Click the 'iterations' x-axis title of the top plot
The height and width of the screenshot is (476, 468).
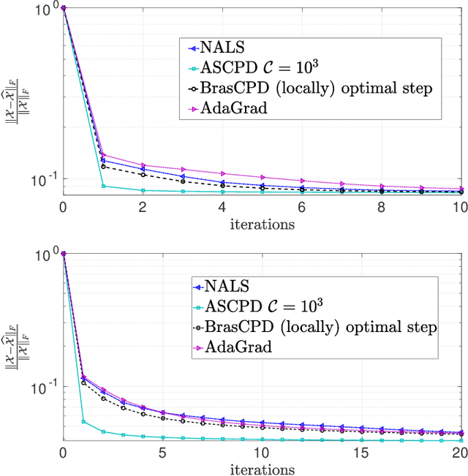[x=261, y=223]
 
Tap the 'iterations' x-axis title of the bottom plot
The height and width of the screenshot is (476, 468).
[x=261, y=469]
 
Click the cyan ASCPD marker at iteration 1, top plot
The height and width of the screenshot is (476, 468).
[x=102, y=186]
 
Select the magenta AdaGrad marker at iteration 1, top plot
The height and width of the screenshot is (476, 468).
[x=102, y=155]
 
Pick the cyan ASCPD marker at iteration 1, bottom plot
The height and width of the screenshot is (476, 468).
[x=83, y=421]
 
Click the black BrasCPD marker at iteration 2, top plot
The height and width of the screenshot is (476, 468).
[x=143, y=175]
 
